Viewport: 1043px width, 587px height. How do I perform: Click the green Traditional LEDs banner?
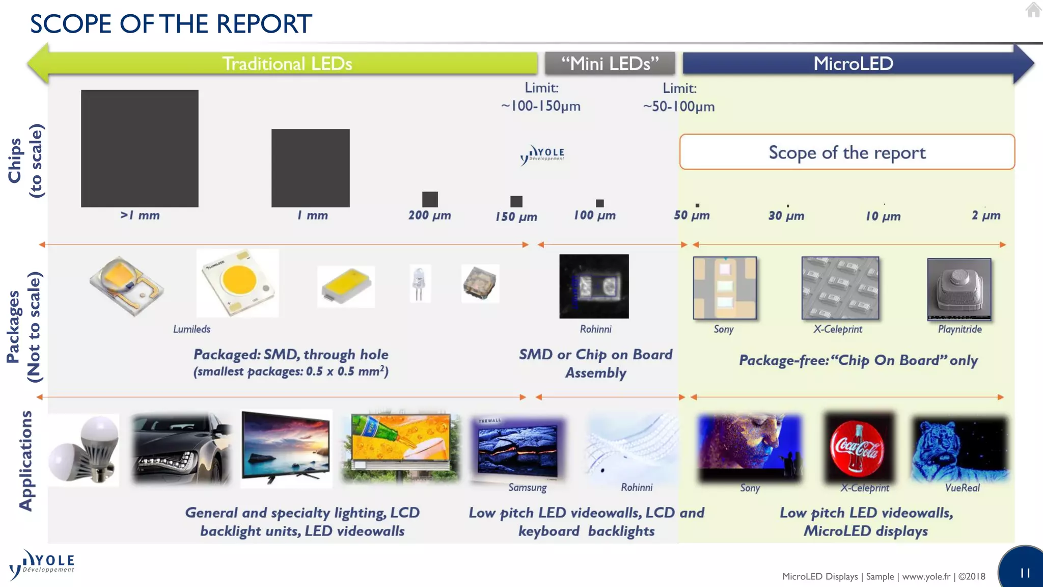tap(287, 64)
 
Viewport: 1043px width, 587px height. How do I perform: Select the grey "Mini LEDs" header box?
tap(610, 64)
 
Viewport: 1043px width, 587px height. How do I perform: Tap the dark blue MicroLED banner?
tap(853, 64)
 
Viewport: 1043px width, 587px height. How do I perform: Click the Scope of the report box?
tap(847, 152)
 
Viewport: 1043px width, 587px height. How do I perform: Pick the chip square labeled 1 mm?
tap(310, 168)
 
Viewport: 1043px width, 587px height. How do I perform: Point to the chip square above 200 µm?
tap(430, 199)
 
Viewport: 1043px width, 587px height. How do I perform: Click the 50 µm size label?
tap(692, 215)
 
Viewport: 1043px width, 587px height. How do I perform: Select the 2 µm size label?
tap(985, 215)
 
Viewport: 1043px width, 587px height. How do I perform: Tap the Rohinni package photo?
tap(594, 286)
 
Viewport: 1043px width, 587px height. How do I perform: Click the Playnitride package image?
tap(959, 289)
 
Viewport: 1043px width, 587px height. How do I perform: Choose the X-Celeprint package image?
tap(840, 288)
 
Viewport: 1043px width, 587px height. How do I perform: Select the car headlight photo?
tap(180, 449)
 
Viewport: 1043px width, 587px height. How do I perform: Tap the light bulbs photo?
tap(84, 449)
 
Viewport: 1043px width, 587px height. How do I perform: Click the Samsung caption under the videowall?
tap(527, 488)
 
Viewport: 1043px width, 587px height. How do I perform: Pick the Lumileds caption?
tap(191, 329)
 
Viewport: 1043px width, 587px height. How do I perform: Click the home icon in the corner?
tap(1033, 10)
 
